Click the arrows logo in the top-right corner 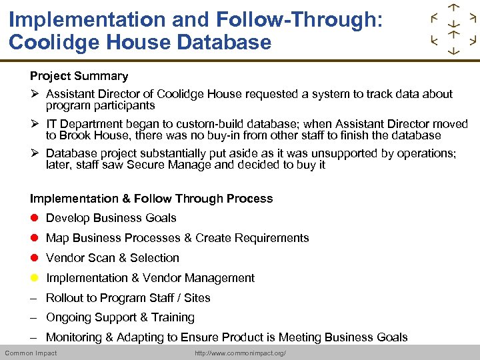pos(453,29)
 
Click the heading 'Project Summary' pos(79,76)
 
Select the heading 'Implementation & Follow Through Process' pos(151,198)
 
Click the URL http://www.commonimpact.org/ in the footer pos(240,353)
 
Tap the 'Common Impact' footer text pos(31,353)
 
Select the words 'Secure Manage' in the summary pos(204,165)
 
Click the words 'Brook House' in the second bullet pos(92,135)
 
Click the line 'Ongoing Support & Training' pos(120,317)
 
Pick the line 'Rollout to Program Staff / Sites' pos(128,298)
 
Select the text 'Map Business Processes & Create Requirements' pos(177,238)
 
